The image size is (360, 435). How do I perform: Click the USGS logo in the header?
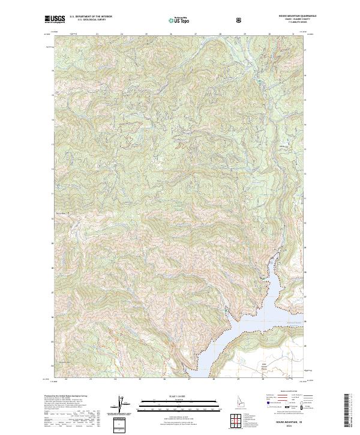55,19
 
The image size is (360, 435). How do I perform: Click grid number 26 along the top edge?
171,34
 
